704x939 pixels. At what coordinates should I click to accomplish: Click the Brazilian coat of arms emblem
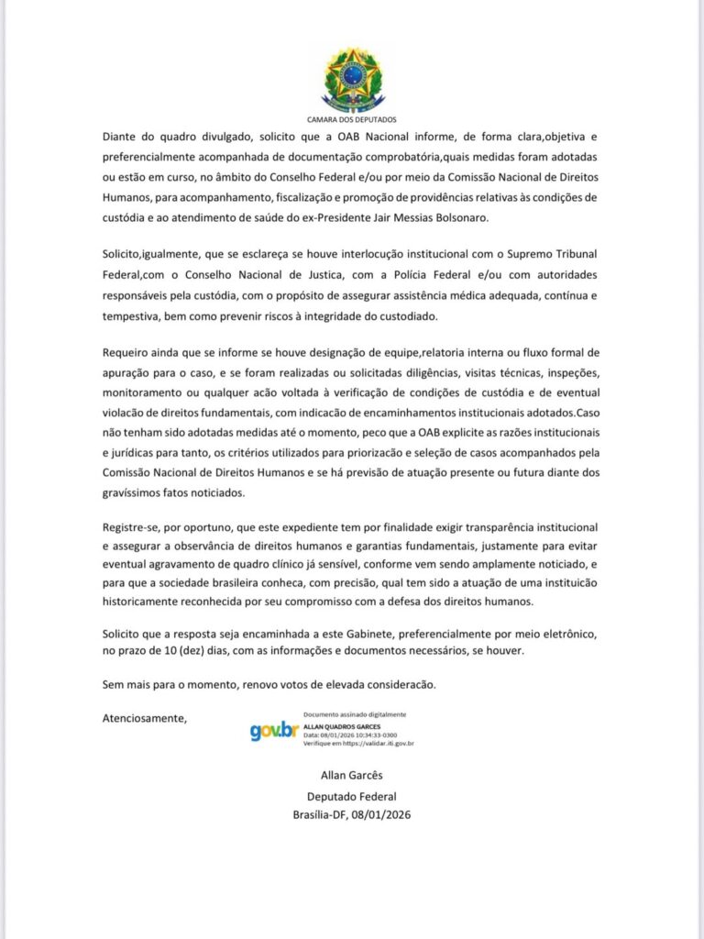tap(351, 80)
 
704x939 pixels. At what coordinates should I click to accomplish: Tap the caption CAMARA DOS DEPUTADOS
tap(351, 120)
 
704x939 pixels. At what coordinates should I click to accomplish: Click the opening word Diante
tap(122, 135)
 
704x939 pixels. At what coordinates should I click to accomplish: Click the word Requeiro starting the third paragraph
tap(131, 353)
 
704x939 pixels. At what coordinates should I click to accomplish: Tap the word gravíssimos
tap(141, 492)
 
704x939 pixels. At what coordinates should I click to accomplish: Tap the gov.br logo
tap(274, 731)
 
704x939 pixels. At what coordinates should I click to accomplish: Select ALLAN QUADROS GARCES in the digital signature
tap(342, 726)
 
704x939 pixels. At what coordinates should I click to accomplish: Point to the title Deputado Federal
tap(351, 796)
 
